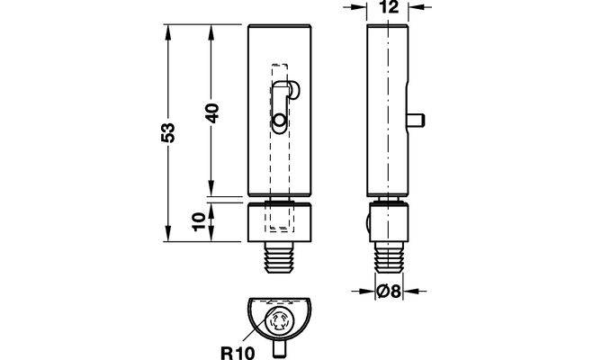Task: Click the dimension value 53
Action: coord(168,132)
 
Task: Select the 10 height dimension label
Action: coord(199,221)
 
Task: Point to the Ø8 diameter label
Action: coord(389,292)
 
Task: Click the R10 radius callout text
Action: coord(238,353)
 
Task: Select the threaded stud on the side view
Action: coord(389,257)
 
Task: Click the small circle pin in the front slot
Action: coord(280,121)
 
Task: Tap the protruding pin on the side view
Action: coord(417,121)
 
